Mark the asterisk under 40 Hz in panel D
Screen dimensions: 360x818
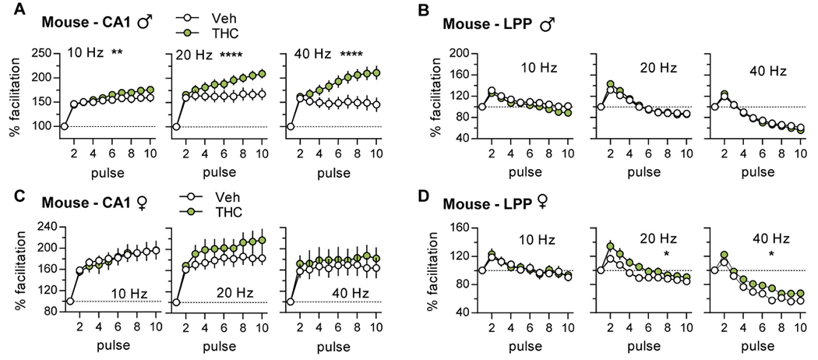coord(770,255)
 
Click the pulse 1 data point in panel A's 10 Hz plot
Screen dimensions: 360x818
coord(65,125)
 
